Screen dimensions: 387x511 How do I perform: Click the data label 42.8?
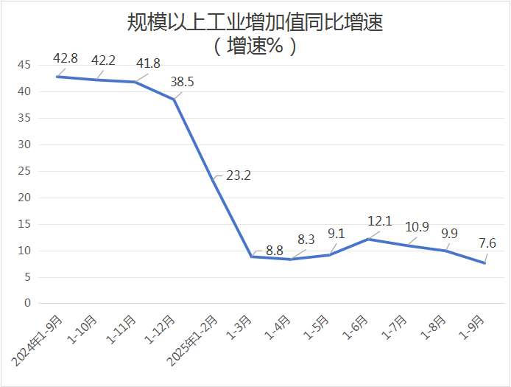click(66, 58)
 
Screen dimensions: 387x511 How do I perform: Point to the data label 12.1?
click(381, 221)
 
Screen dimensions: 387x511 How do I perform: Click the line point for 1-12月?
click(174, 99)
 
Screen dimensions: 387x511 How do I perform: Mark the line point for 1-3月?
click(252, 257)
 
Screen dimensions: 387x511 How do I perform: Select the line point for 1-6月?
click(368, 239)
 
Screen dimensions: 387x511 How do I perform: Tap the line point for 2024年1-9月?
click(57, 77)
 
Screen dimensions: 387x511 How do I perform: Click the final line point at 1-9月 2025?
click(484, 263)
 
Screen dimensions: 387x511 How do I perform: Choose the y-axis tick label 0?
click(27, 303)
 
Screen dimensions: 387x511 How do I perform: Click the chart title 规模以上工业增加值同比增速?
click(255, 23)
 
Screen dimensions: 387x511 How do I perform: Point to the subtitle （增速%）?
click(255, 46)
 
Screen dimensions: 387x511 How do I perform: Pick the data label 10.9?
click(417, 227)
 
